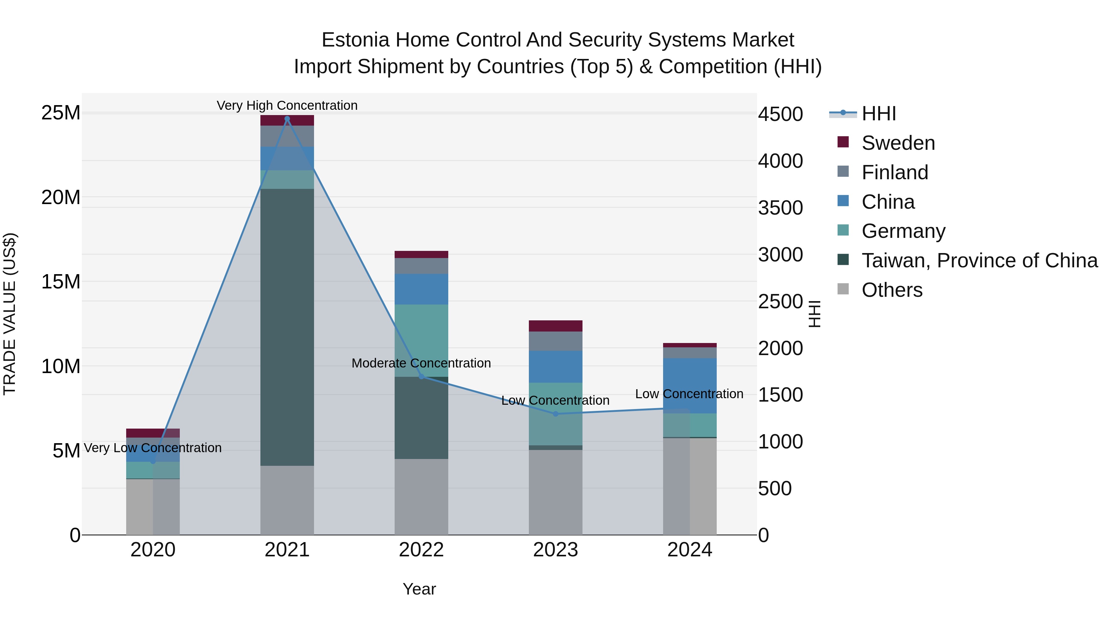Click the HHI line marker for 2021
coord(287,119)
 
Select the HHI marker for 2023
coord(556,414)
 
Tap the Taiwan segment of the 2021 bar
coord(287,327)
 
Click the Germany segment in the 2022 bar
coord(421,340)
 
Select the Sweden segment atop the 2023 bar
coord(556,326)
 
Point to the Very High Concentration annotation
coord(287,105)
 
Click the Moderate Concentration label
coord(421,363)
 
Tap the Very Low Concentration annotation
coord(153,448)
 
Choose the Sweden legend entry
coord(898,143)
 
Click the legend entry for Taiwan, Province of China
coord(979,261)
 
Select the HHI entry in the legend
coord(879,114)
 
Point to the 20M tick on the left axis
coord(61,197)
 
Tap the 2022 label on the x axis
coord(421,550)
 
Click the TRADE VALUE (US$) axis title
coord(10,314)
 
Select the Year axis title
coord(419,589)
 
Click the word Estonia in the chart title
coord(355,40)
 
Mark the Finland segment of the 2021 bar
coord(287,136)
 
